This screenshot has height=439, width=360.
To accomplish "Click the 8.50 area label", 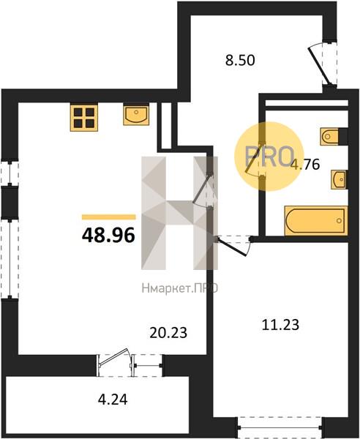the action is click(240, 60).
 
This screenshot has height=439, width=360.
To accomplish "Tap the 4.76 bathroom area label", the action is click(305, 165).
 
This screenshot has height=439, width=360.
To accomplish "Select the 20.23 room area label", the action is click(168, 333).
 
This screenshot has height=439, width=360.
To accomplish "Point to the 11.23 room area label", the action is click(280, 325).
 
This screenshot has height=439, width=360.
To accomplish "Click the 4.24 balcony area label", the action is click(113, 399).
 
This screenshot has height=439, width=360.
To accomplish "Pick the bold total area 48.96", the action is click(108, 235).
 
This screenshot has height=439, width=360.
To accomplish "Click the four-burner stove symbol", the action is click(84, 118).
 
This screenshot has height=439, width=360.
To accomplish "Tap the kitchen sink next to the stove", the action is click(136, 115).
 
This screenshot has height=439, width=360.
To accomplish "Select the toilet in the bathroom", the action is click(330, 137).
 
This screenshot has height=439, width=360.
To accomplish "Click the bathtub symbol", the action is click(316, 221).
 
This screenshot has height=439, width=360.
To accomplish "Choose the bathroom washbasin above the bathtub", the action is click(339, 179).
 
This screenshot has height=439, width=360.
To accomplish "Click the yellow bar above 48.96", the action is click(108, 217).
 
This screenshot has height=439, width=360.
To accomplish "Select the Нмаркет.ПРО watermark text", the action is click(179, 288).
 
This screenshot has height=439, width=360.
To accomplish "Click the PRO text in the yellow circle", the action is click(269, 157).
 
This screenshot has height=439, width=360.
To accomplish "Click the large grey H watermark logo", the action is click(179, 213).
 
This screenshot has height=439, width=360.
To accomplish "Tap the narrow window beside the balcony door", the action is click(147, 366).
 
